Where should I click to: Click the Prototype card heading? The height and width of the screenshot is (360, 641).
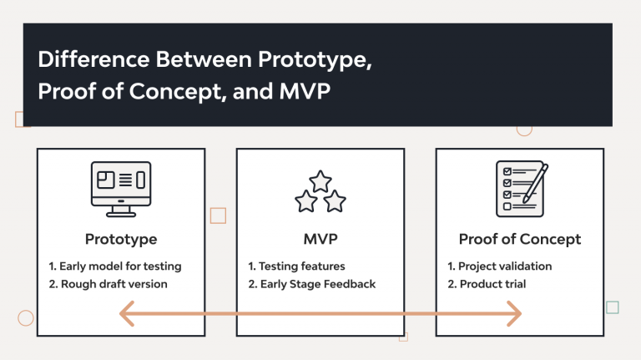(121, 239)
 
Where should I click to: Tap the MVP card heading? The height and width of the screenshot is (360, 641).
(320, 239)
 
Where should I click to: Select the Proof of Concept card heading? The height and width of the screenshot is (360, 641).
(519, 239)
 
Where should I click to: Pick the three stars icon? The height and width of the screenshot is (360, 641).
(320, 191)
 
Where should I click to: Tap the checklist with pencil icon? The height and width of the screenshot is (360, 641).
(521, 185)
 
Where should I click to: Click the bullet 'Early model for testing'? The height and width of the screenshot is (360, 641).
(115, 266)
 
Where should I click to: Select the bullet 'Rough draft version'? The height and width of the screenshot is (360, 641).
(108, 284)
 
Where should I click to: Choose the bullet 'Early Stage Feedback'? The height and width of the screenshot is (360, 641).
(312, 284)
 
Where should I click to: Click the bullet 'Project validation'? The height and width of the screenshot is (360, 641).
(500, 266)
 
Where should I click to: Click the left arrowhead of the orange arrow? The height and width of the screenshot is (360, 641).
(128, 314)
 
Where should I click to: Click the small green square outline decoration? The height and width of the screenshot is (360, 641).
(613, 307)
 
